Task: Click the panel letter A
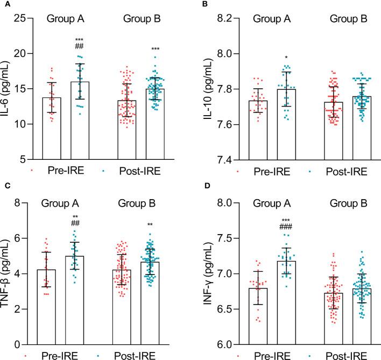(x=5, y=5)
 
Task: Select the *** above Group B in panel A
(x=156, y=50)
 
